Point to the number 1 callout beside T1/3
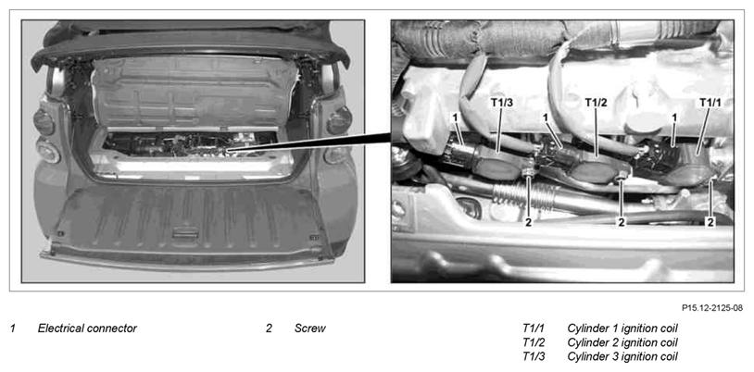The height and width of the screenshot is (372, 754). (455, 117)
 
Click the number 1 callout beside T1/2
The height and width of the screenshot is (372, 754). (545, 117)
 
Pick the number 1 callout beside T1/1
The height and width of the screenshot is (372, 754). (675, 117)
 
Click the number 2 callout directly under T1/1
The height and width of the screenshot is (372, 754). (710, 221)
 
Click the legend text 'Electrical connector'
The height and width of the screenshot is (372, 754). (87, 329)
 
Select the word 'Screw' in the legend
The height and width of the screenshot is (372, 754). (310, 329)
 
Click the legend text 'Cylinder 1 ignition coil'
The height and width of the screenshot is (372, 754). (622, 329)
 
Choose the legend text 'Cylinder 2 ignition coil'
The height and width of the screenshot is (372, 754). (622, 343)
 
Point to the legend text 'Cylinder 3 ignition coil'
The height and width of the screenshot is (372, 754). (622, 357)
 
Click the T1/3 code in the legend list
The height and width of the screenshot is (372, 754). (534, 357)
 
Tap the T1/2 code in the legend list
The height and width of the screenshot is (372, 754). (534, 343)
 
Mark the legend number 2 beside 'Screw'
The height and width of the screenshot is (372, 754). (269, 329)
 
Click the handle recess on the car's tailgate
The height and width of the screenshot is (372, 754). (185, 233)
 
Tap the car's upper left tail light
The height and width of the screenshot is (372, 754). (44, 122)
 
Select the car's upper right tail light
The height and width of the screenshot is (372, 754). (340, 120)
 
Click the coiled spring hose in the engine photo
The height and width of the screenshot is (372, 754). (522, 195)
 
